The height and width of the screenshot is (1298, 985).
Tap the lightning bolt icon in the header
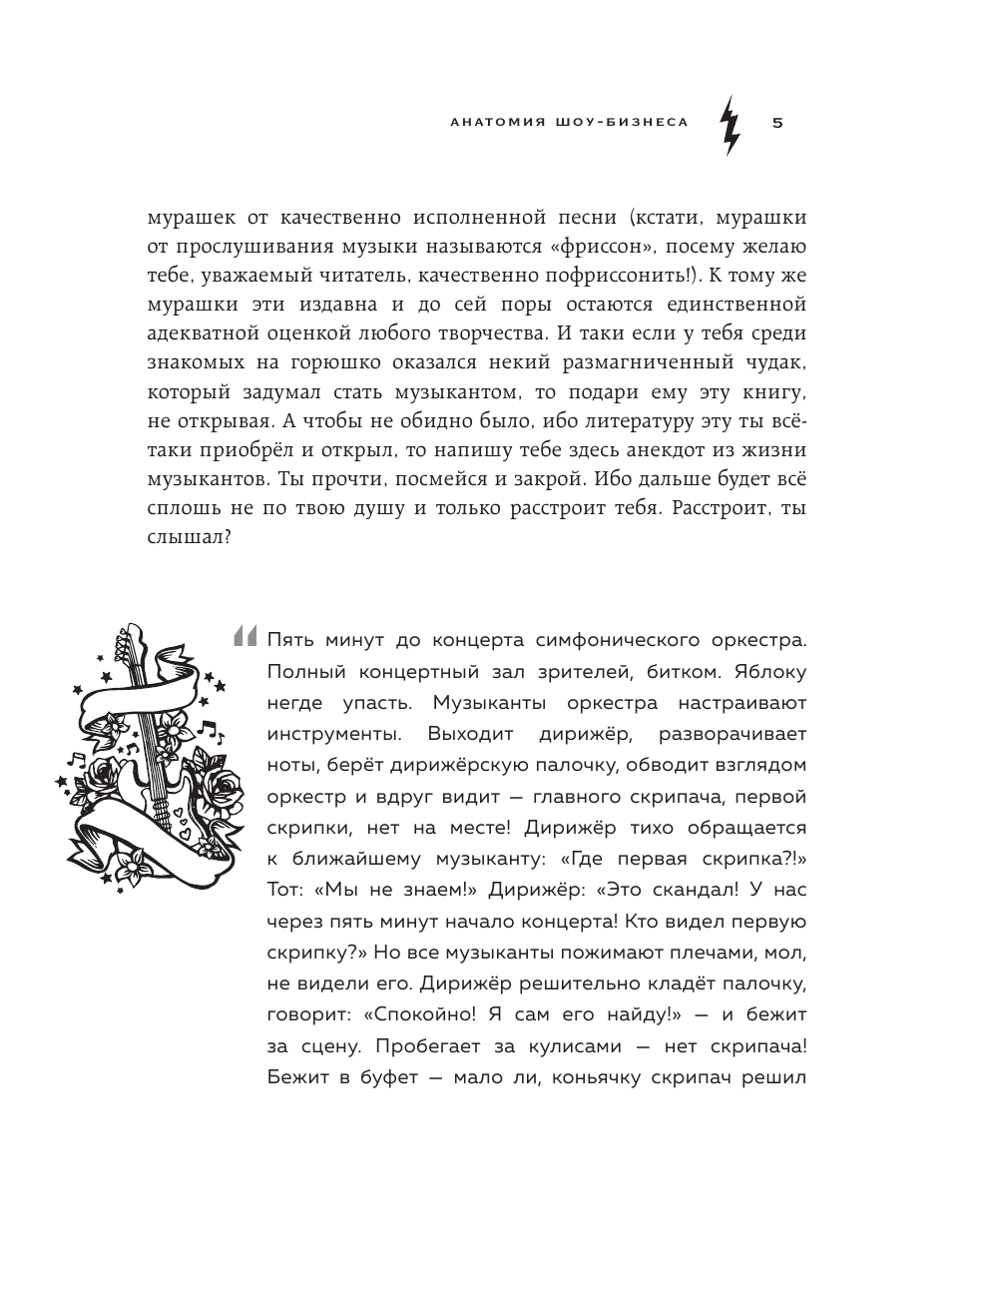point(730,124)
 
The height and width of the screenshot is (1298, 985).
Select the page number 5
point(777,123)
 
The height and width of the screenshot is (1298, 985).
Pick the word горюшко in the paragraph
point(351,360)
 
